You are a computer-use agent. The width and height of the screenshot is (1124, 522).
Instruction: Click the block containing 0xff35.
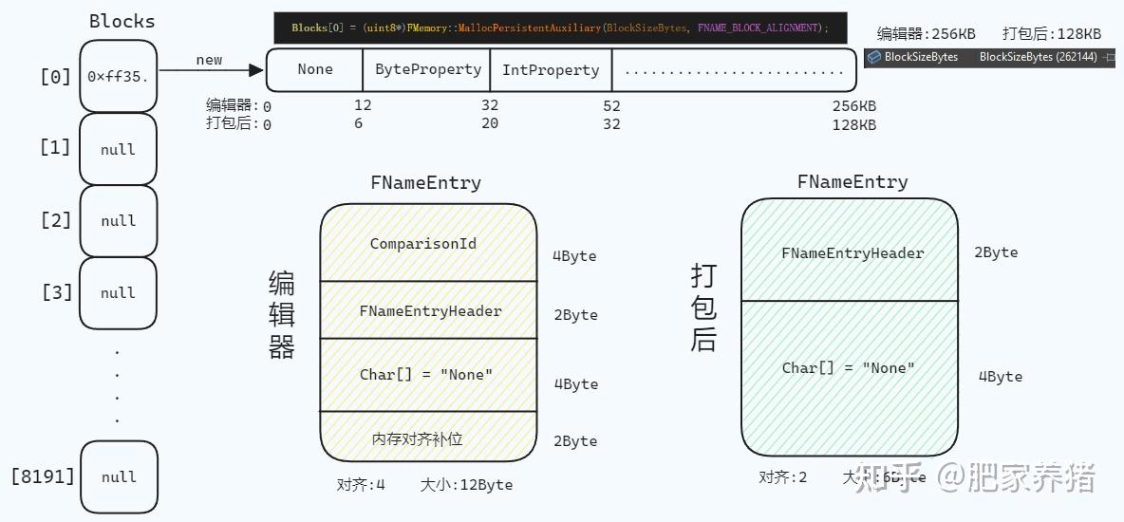coord(119,76)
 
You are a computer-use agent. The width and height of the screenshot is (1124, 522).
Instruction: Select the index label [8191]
coord(43,475)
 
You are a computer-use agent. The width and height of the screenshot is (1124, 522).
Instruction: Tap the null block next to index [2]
coord(119,220)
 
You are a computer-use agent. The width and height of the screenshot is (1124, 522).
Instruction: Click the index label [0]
coord(55,76)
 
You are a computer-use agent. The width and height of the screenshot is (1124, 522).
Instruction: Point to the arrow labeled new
coord(210,69)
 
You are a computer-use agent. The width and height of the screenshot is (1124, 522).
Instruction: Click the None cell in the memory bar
coord(315,69)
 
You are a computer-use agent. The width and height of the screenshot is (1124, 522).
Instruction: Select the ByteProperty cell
coord(427,69)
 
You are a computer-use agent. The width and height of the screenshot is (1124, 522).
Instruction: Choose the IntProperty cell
coord(551,69)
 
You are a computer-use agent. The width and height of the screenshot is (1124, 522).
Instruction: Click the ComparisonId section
coord(428,244)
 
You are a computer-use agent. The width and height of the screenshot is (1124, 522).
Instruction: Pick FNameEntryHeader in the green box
coord(852,253)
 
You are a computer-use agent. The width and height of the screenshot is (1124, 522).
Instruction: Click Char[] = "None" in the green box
coord(849,368)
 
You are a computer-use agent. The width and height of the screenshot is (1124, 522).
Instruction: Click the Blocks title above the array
coord(122,21)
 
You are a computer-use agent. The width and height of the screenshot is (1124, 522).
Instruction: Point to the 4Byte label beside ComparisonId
coord(575,256)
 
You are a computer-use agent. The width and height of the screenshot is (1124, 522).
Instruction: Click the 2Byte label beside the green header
coord(996,252)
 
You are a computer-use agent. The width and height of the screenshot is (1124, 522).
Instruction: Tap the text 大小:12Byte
coord(466,484)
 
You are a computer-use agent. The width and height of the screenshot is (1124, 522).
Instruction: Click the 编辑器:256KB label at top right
coord(926,33)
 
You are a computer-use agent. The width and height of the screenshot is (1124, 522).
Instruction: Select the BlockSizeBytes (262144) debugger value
coord(1038,57)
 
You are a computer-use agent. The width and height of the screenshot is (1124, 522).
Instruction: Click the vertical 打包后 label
coord(703,308)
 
